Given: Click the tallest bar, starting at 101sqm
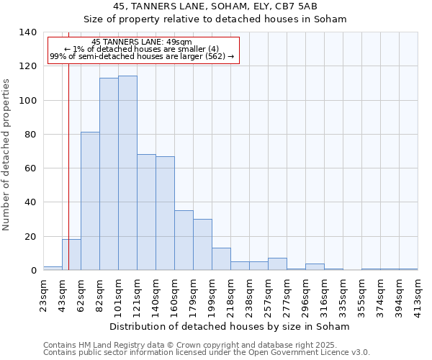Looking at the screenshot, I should [x=127, y=173].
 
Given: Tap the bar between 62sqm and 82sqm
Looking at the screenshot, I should [x=90, y=201].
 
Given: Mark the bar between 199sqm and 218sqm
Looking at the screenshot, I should [x=221, y=259].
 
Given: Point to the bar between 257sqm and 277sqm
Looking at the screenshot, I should [x=277, y=264].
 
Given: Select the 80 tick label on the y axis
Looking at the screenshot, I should [x=31, y=135].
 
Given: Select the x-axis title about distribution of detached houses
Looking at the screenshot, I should [x=230, y=326].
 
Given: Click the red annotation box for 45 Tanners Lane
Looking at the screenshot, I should [x=142, y=50].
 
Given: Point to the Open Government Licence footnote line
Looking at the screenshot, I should [x=206, y=353].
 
